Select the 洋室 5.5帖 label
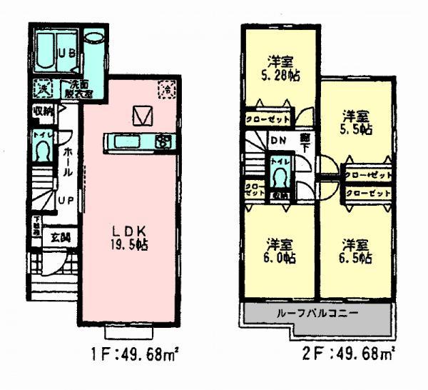click(355, 121)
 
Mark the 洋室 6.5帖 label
click(355, 249)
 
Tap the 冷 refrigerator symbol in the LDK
click(165, 90)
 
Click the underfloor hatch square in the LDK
click(143, 114)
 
